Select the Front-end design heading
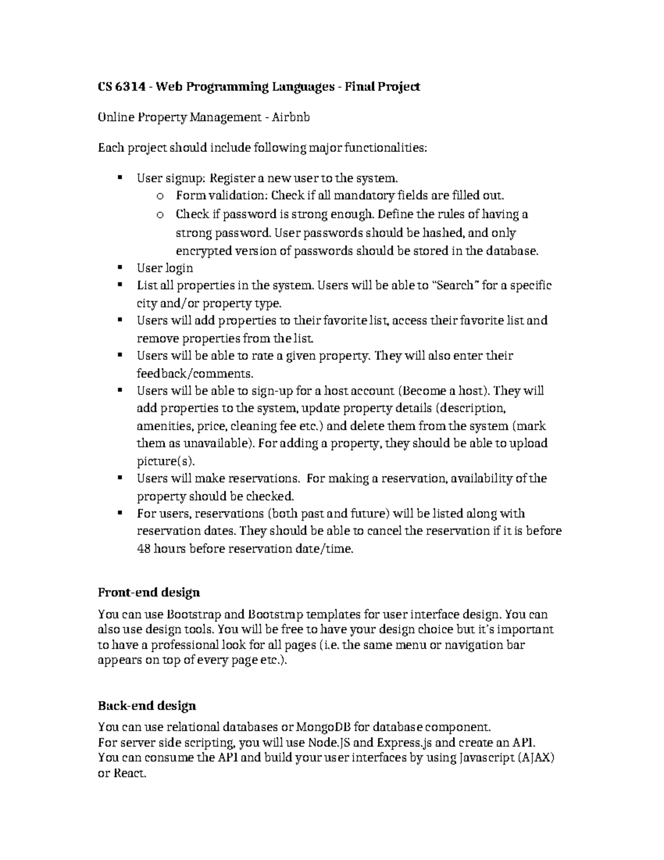(148, 593)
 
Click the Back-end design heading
(147, 706)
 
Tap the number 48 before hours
(143, 549)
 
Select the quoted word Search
(454, 286)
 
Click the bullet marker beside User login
(119, 267)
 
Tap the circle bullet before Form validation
(160, 196)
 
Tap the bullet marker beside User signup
(119, 178)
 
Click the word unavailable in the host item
(209, 444)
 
